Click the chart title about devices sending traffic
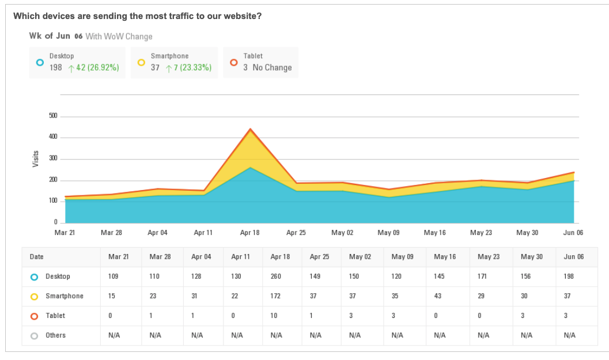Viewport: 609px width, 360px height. (137, 16)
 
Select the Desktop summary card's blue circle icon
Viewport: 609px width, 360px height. (39, 62)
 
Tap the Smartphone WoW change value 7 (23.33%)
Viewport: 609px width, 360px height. (192, 67)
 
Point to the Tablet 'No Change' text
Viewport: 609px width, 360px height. (272, 67)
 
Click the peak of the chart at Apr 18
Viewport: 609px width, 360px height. (250, 129)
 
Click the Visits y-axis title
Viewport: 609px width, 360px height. (36, 159)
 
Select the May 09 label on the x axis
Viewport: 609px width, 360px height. (388, 233)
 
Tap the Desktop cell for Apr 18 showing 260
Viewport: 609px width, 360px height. (276, 276)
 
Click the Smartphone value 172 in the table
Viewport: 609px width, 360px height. (276, 296)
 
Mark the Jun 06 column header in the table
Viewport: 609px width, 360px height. (573, 257)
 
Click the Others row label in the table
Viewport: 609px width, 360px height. (56, 335)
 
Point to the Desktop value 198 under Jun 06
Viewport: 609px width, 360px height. (569, 276)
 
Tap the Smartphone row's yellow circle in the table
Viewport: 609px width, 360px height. (34, 297)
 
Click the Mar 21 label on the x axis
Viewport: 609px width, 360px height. (65, 233)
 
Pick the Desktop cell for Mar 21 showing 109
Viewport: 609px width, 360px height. (113, 276)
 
